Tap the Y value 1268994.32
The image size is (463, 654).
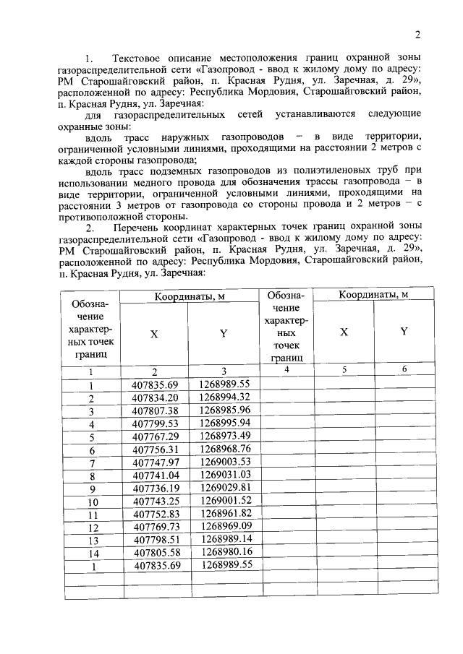[224, 397]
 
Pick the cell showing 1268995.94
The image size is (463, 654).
[224, 423]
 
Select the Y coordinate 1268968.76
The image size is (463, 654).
[224, 449]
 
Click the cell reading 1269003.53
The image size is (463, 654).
[224, 462]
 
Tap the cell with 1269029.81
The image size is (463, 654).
[224, 488]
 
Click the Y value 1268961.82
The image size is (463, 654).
[224, 514]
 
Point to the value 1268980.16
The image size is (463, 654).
[224, 553]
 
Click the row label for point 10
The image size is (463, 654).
[92, 502]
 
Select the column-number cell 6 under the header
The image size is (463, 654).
[404, 370]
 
